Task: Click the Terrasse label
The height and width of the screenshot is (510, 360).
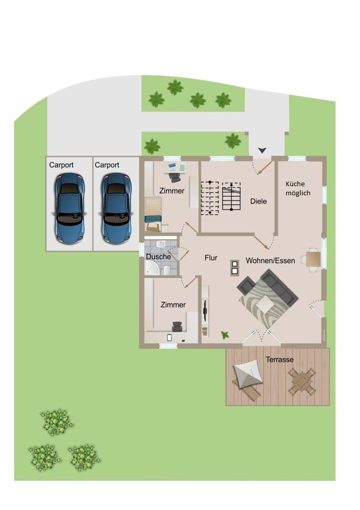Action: click(x=279, y=360)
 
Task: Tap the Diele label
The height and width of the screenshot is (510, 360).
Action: click(x=259, y=201)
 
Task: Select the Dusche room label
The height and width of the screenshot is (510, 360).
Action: click(x=159, y=257)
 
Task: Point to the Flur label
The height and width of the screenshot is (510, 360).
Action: click(x=211, y=258)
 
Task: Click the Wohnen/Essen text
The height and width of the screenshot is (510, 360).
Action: click(x=270, y=261)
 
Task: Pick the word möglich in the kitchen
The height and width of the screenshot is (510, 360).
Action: click(x=298, y=193)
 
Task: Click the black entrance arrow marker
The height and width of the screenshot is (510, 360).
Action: click(x=263, y=150)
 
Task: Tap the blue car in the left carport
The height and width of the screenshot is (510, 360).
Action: click(x=69, y=209)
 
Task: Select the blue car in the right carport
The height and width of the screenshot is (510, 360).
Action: click(x=116, y=209)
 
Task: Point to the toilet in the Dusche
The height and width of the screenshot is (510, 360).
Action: click(x=167, y=270)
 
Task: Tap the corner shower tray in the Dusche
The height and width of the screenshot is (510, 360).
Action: click(x=151, y=268)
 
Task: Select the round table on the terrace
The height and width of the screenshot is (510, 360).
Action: click(x=302, y=381)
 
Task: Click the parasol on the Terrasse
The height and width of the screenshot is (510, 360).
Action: click(x=248, y=374)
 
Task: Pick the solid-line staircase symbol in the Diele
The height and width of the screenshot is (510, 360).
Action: click(x=231, y=196)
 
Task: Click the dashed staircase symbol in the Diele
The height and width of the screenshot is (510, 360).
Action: click(x=210, y=198)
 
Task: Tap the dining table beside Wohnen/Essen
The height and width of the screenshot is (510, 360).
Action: click(x=313, y=259)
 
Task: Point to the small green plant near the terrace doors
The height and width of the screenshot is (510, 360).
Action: click(x=225, y=335)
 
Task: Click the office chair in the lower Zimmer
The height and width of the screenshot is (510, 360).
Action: click(x=177, y=326)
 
